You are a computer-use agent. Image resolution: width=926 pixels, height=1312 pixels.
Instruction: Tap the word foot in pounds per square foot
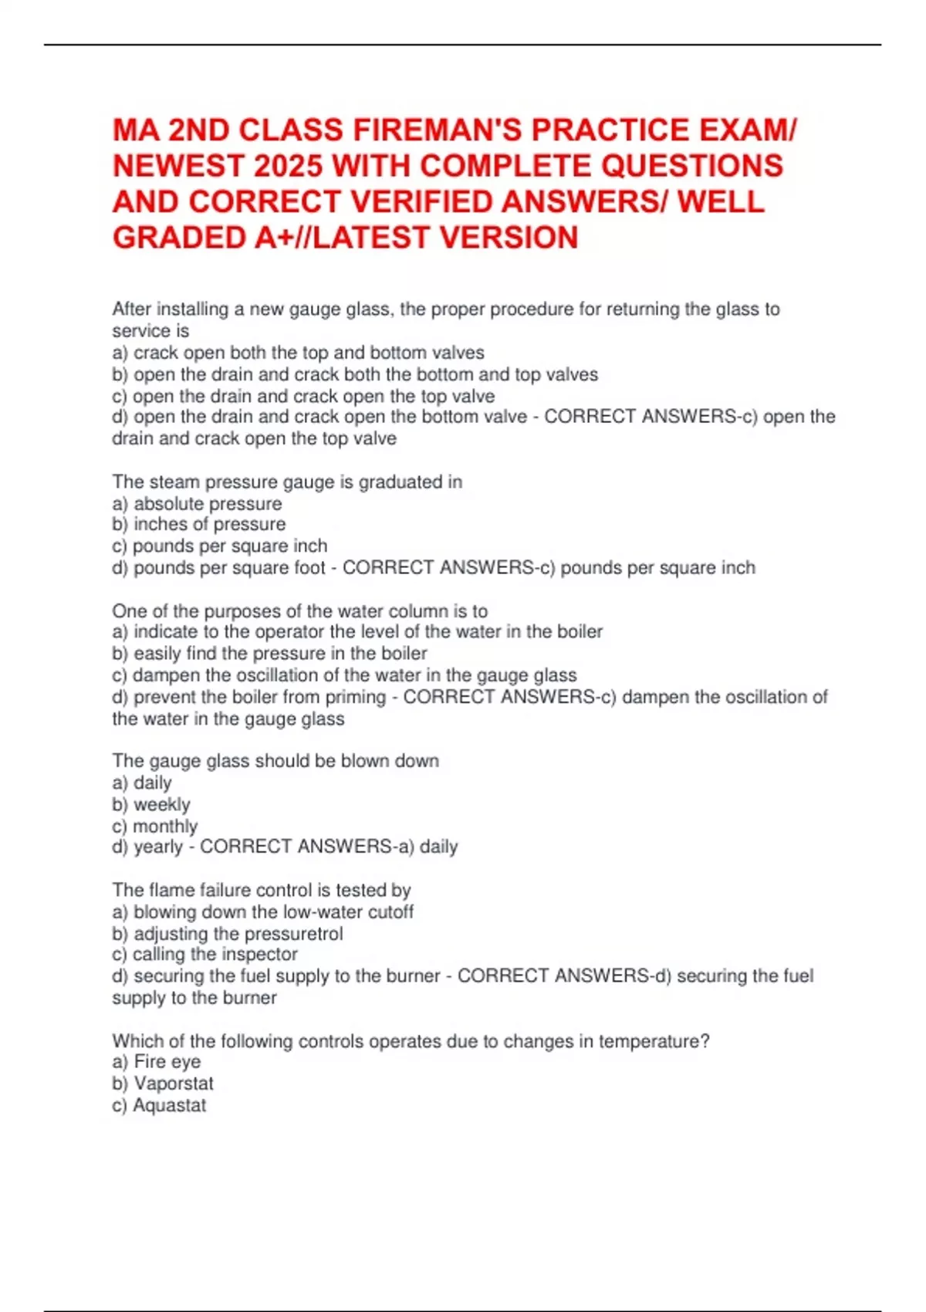309,568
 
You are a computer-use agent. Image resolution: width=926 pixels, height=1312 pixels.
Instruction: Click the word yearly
158,847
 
